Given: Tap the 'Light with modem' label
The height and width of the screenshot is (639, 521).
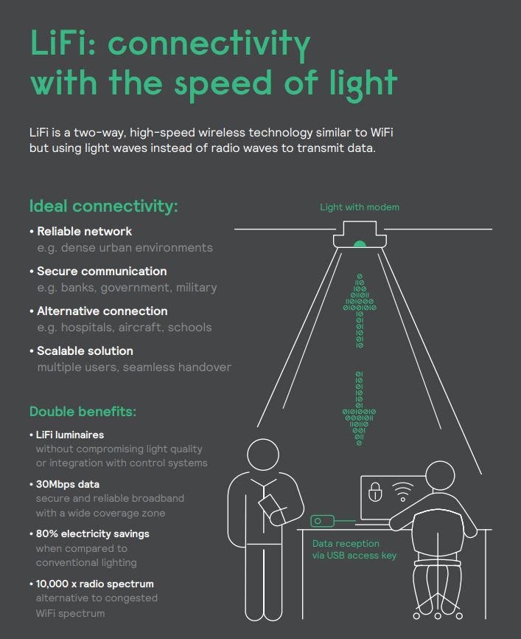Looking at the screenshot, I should pyautogui.click(x=360, y=207).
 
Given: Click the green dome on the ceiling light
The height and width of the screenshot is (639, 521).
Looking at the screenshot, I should pyautogui.click(x=360, y=243).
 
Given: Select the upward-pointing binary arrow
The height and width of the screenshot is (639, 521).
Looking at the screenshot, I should pyautogui.click(x=360, y=309).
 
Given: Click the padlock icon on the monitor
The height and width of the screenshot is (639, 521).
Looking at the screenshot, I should pyautogui.click(x=375, y=493).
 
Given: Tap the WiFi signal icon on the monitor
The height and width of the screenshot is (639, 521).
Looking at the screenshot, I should pyautogui.click(x=402, y=491).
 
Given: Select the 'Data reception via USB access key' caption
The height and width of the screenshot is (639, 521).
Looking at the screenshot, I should pyautogui.click(x=354, y=550).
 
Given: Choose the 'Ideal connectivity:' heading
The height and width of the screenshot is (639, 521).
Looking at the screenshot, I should pyautogui.click(x=103, y=206).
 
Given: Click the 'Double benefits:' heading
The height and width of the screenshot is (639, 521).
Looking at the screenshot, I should pyautogui.click(x=83, y=411).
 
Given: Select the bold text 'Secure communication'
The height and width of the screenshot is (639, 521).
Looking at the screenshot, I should pyautogui.click(x=102, y=271).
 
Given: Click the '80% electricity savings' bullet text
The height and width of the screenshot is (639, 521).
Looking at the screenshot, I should pyautogui.click(x=92, y=533).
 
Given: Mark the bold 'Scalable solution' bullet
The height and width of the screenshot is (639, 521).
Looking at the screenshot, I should pyautogui.click(x=85, y=350).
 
